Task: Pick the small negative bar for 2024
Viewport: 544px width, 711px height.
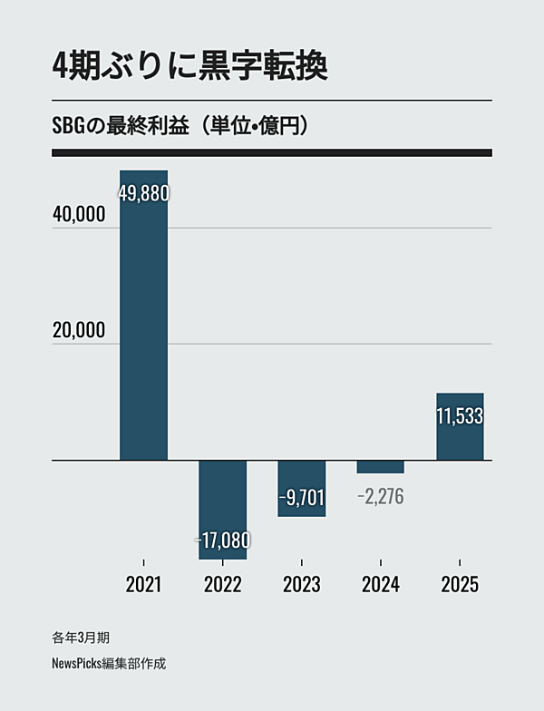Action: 380,467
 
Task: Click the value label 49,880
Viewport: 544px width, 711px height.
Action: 144,192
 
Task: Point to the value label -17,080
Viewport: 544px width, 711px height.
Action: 222,541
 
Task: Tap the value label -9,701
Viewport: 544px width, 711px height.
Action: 301,496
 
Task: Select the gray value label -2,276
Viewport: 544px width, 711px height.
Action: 380,496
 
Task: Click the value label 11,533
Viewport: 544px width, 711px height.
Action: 460,416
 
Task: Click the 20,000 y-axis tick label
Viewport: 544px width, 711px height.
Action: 79,330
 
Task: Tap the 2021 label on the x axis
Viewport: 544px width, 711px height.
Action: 143,585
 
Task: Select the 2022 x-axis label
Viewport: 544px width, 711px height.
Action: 222,585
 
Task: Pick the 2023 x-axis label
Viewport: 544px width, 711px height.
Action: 301,585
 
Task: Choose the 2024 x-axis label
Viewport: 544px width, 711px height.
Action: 380,585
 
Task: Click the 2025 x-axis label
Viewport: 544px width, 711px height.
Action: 460,585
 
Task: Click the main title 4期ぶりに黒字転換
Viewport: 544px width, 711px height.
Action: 189,67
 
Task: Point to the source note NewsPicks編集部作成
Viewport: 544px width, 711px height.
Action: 109,663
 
